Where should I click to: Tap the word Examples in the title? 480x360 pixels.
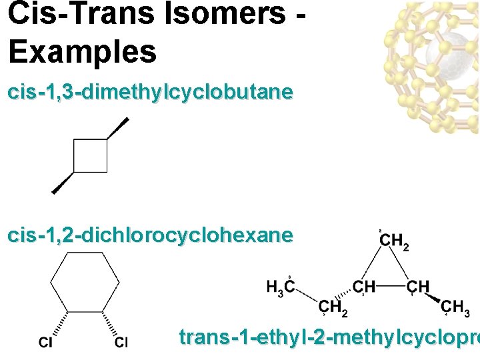tap(82, 51)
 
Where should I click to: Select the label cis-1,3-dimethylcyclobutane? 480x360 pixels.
tap(150, 92)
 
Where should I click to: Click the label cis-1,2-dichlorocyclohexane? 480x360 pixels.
tap(150, 235)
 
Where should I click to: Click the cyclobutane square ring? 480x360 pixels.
tap(91, 155)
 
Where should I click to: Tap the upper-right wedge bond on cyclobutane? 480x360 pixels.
tap(118, 128)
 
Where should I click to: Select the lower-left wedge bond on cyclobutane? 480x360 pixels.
tap(63, 183)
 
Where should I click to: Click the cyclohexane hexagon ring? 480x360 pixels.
tap(85, 283)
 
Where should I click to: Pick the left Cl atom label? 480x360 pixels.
tap(46, 343)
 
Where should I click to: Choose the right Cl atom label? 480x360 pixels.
tap(121, 343)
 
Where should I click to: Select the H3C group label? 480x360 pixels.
tap(281, 287)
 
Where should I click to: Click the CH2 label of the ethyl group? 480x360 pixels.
tap(333, 307)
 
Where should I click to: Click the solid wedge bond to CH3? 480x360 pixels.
tap(434, 297)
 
